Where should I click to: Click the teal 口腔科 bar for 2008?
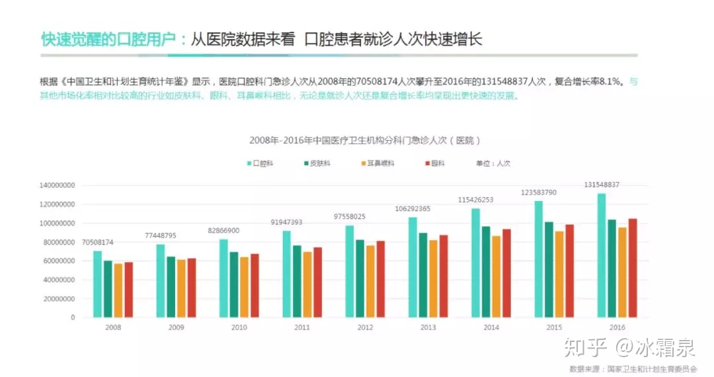[97, 284]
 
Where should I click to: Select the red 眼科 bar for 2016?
[633, 268]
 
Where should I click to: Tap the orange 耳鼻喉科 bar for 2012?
[370, 281]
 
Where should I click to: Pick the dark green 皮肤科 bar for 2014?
[486, 272]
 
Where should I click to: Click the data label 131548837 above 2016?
[602, 185]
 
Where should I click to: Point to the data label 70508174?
[97, 242]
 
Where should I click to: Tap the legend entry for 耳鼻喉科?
[377, 163]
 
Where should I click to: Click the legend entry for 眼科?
[437, 163]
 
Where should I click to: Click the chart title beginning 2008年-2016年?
[364, 140]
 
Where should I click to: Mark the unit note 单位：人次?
[493, 163]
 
